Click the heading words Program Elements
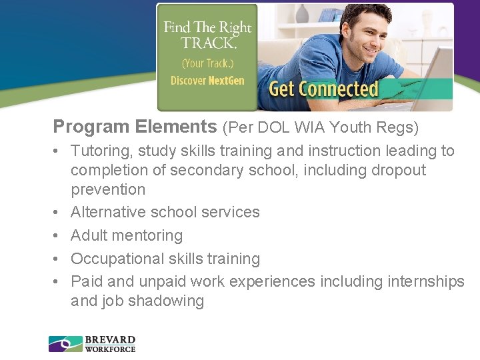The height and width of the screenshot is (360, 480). point(135,126)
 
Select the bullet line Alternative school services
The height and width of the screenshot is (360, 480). point(165,212)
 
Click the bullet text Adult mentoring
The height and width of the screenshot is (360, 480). point(126,235)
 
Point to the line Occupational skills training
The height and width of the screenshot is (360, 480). point(165,259)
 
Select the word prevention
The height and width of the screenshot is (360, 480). point(107,189)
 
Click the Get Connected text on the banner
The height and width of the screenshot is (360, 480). point(323,89)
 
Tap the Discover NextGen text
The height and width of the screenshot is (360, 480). point(207,81)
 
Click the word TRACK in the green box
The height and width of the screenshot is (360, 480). point(207,43)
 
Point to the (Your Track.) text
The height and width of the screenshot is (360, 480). point(207,63)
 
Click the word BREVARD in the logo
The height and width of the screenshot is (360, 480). point(110,339)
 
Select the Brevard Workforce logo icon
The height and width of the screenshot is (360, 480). point(65,344)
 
